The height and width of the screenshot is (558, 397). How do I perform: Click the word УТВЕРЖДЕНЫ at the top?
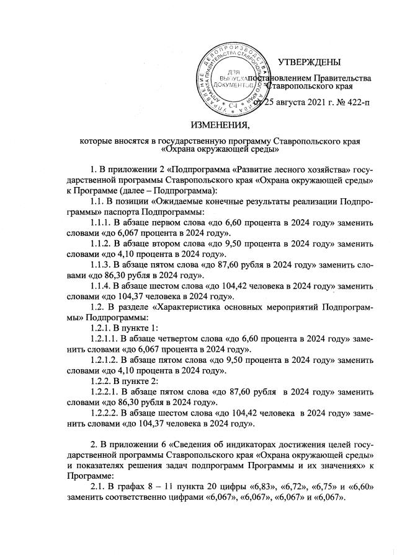coord(308,62)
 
